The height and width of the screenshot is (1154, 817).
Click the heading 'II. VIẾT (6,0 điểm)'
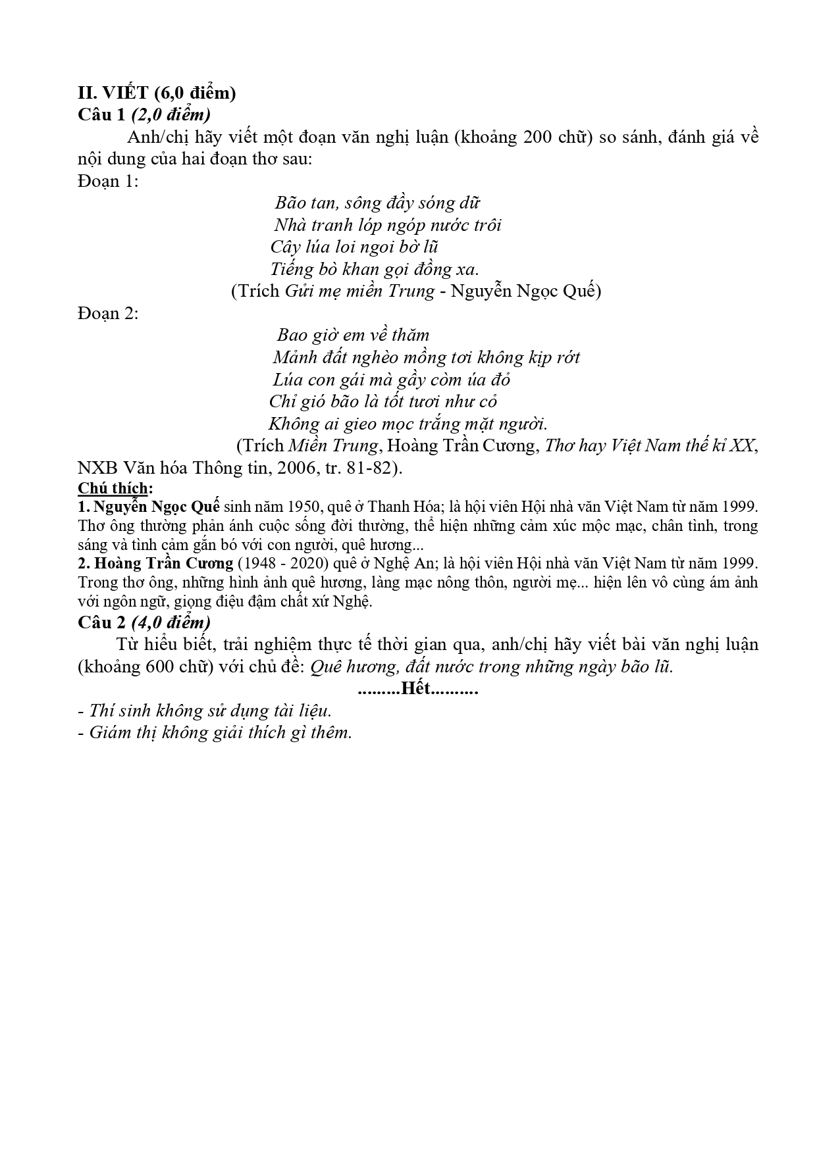[157, 93]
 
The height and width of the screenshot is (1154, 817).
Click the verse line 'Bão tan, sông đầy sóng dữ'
[377, 203]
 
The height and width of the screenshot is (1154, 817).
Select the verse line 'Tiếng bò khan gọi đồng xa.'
[375, 268]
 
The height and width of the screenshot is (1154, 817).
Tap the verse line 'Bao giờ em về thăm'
[353, 335]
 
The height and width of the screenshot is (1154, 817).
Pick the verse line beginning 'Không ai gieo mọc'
[408, 423]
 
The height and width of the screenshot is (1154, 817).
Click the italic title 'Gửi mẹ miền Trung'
[359, 291]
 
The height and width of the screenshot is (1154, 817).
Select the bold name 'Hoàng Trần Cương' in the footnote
[164, 563]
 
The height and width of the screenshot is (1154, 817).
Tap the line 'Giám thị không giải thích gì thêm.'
[221, 732]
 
